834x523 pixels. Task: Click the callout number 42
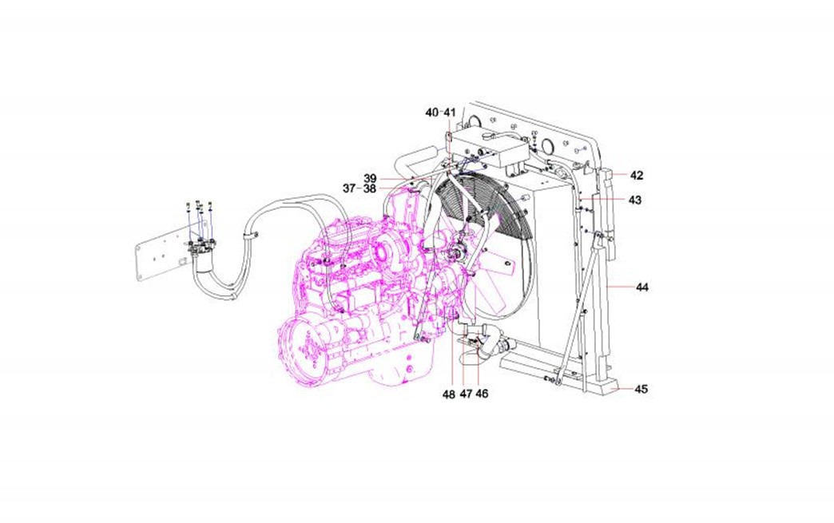point(636,176)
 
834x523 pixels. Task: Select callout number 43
point(634,200)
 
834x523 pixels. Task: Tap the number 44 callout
point(642,287)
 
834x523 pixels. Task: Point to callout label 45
point(641,389)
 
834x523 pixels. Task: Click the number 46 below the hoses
point(482,394)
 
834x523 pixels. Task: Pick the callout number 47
point(466,394)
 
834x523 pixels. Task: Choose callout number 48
point(450,394)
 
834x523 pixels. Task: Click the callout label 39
point(370,178)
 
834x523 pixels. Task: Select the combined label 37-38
point(359,188)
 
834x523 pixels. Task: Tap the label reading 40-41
point(441,113)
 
